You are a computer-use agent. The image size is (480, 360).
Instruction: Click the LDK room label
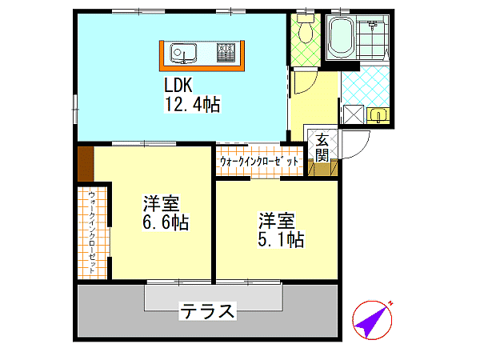tap(178, 85)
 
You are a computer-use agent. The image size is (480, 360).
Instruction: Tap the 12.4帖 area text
tap(193, 104)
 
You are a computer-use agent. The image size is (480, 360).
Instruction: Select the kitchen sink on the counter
tap(183, 53)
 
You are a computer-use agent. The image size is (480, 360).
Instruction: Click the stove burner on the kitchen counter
tap(226, 52)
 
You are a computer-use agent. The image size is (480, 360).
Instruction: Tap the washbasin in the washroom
tap(378, 116)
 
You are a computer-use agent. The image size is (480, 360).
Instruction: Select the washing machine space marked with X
tap(354, 114)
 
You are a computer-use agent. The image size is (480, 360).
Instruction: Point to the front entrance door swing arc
tap(362, 150)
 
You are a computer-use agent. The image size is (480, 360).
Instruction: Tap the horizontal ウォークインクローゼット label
tap(259, 162)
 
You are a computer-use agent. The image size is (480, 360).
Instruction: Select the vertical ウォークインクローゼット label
tap(92, 233)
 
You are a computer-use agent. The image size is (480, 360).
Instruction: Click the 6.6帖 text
tap(166, 222)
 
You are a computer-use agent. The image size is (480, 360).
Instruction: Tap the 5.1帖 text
tap(281, 239)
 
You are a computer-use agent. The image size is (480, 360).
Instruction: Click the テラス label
tap(207, 311)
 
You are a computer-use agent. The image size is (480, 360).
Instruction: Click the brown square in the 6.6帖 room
tap(86, 164)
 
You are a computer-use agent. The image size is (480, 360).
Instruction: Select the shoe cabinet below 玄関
tap(322, 170)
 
